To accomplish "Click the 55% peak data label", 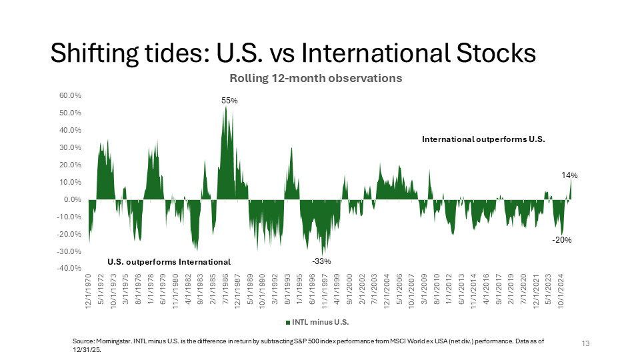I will click(x=229, y=101).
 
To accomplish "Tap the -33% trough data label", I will click(x=322, y=261).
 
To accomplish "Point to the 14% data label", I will click(x=569, y=175).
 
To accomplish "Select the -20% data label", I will click(x=561, y=240).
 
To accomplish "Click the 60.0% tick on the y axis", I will click(x=70, y=95).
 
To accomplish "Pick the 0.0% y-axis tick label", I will click(x=72, y=199).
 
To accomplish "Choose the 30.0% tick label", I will click(x=70, y=147).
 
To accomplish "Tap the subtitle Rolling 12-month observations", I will click(x=316, y=78).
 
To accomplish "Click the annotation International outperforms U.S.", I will click(x=483, y=140).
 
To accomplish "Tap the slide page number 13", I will click(x=586, y=343).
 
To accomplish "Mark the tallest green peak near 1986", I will click(x=226, y=108).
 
